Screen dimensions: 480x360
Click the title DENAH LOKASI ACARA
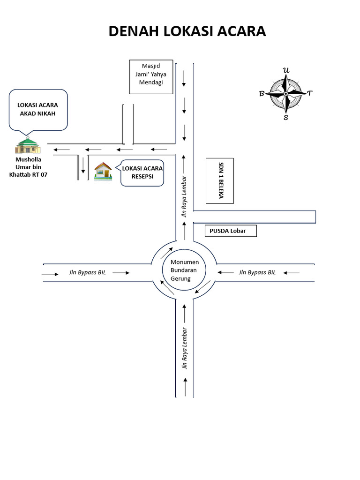(x=187, y=31)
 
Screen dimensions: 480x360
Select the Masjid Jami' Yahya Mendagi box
(x=151, y=76)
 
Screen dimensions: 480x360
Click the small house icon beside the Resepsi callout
(x=103, y=171)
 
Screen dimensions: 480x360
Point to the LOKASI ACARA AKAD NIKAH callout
(x=38, y=109)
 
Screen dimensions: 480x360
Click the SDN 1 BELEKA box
(x=219, y=180)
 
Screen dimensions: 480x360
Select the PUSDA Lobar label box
(x=231, y=231)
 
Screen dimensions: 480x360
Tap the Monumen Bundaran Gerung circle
(x=184, y=270)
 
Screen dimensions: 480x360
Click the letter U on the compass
(x=286, y=71)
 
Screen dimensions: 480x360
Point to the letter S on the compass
(x=286, y=117)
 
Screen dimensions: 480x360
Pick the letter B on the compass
(x=262, y=94)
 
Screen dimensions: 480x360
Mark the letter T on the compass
(x=309, y=93)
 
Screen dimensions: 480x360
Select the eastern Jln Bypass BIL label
(x=257, y=272)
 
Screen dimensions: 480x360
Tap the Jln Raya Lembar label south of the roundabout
(x=185, y=348)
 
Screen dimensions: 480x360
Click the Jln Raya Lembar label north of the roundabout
(x=185, y=197)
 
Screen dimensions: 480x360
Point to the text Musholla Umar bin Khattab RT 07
(x=28, y=167)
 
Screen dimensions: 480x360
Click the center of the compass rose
(x=285, y=94)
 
